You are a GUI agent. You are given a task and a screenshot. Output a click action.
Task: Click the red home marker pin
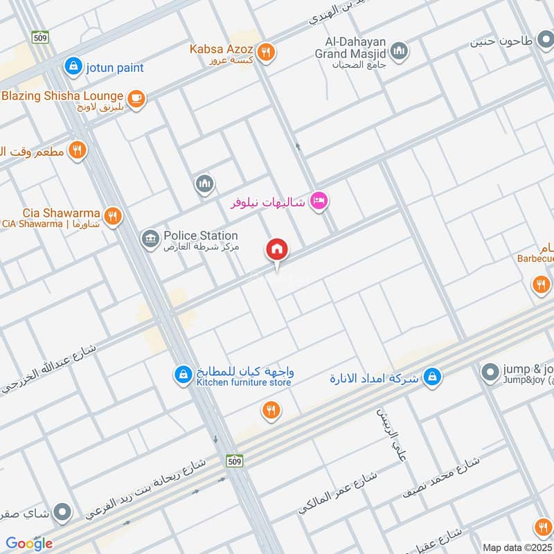[x=277, y=250]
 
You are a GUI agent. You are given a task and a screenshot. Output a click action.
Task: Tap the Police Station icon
[x=149, y=240]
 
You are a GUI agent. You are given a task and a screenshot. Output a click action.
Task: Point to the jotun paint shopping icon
[x=72, y=67]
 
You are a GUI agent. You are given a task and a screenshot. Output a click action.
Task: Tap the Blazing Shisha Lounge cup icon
[x=136, y=98]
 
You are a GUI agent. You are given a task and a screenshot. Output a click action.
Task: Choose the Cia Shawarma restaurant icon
[x=113, y=216]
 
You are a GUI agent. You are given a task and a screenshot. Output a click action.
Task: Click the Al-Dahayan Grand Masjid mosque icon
[x=399, y=51]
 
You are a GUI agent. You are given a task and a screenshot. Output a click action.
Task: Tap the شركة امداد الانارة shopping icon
[x=432, y=377]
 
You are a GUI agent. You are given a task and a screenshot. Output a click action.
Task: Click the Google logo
[x=29, y=543]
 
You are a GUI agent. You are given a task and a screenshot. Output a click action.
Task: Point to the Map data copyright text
[x=517, y=547]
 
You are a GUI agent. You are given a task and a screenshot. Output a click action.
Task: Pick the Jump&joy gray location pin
[x=490, y=373]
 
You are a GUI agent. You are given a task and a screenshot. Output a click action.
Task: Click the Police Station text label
[x=201, y=236]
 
